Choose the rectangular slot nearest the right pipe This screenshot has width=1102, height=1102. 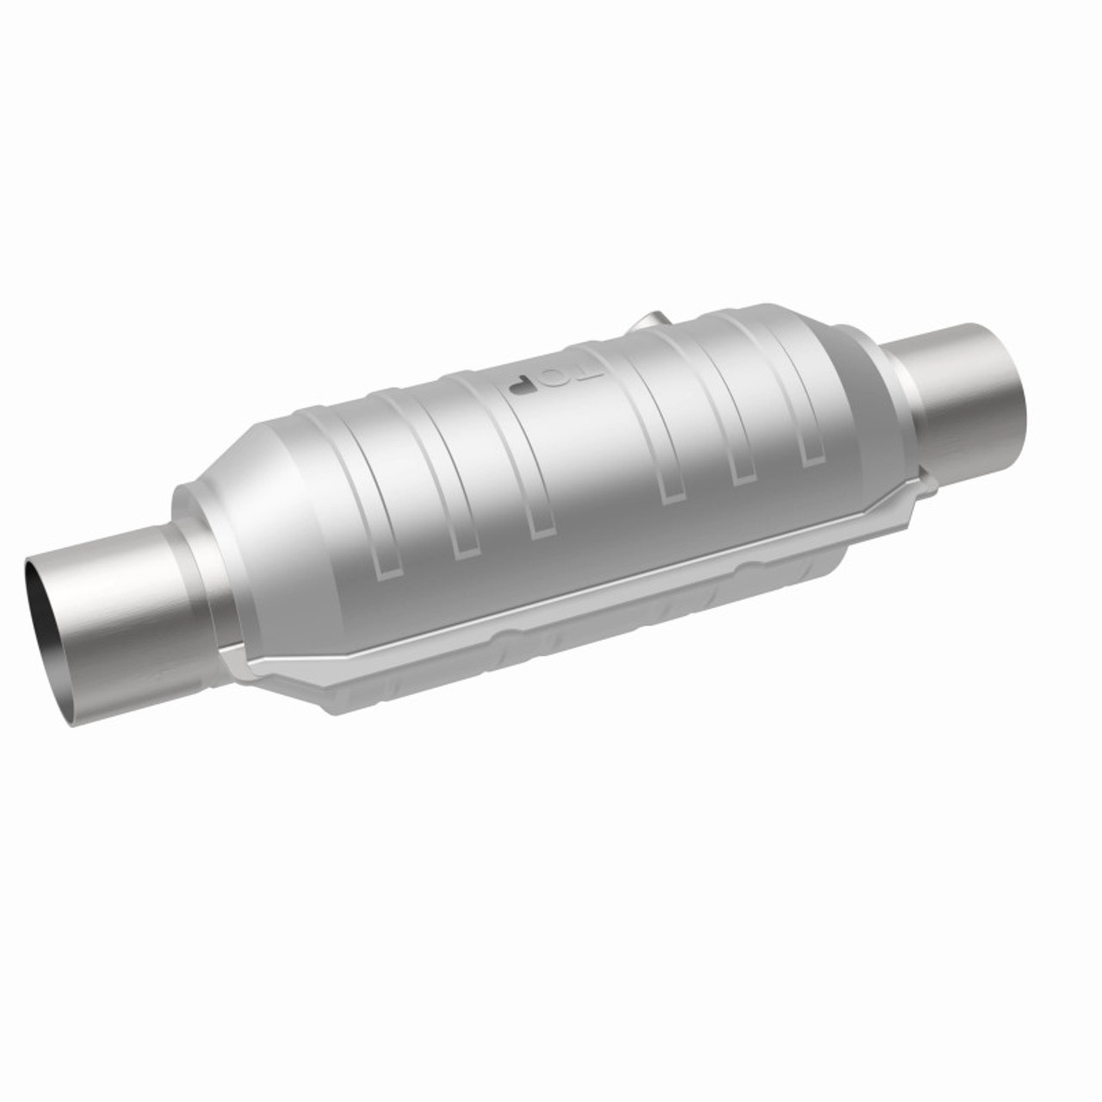(809, 452)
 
